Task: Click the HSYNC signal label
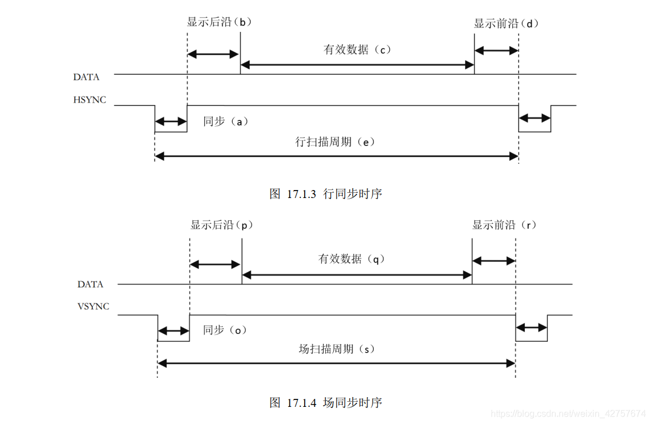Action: coord(89,100)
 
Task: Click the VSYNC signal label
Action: coord(93,306)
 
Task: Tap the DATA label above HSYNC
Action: coord(86,77)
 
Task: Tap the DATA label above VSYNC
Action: coord(91,284)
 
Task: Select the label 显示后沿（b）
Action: coord(219,23)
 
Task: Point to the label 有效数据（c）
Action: coord(357,50)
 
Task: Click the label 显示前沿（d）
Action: coord(506,24)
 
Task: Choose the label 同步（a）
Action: coord(226,122)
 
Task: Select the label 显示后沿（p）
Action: coord(222,225)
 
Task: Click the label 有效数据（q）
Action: coord(352,259)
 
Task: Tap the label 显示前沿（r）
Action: coord(504,225)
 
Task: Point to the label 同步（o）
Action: coord(225,330)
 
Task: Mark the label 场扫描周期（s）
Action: coord(337,349)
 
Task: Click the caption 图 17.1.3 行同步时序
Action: coord(325,194)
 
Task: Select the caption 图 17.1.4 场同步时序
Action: coord(325,402)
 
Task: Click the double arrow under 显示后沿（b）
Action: coord(213,54)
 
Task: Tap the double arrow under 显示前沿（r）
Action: coord(494,261)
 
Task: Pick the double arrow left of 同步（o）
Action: coord(173,330)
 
